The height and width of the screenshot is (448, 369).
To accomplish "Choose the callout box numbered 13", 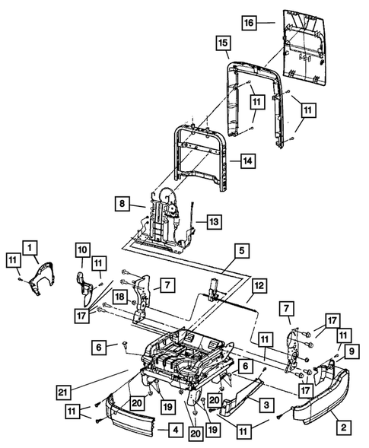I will point(214,222).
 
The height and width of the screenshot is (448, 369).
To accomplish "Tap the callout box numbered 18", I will point(119,296).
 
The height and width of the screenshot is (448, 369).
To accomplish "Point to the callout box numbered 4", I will point(174,431).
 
